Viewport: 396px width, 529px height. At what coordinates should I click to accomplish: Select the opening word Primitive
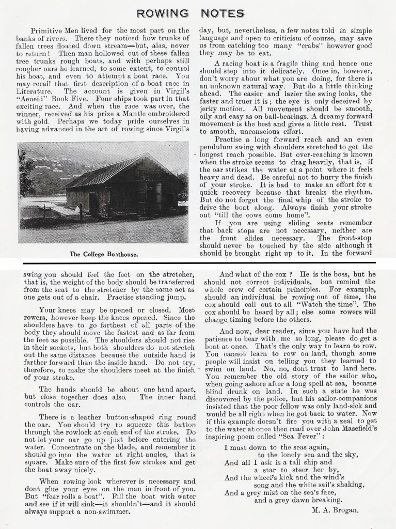pos(50,31)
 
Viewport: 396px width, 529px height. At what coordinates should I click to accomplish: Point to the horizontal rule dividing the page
pos(198,263)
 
